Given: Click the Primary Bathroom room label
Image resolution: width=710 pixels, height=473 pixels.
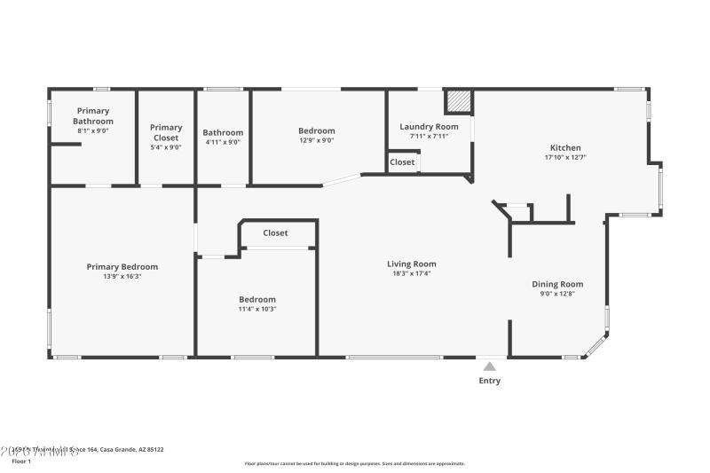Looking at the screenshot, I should [x=93, y=115].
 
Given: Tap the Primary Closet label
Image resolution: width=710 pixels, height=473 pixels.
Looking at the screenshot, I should [x=166, y=132].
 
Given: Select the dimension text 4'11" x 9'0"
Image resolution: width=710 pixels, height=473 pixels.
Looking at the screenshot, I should [x=223, y=142].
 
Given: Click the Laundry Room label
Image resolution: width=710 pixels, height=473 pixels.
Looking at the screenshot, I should [x=429, y=127].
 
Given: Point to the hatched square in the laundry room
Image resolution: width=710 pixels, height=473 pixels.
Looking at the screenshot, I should [x=457, y=101].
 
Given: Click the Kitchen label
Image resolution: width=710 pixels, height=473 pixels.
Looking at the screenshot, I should [x=565, y=147].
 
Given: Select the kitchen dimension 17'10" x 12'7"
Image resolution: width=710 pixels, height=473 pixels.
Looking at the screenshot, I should [x=565, y=158].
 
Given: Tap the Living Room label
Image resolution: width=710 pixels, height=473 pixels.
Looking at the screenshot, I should [x=412, y=264].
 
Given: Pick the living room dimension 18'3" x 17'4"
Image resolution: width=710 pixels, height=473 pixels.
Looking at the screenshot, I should [x=412, y=274].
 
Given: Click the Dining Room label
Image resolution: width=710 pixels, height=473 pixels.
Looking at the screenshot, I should [x=557, y=284].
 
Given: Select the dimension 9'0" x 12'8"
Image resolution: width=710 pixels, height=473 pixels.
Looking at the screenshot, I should [x=557, y=294].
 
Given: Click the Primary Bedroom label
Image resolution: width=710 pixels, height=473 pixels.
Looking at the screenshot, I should [x=122, y=266].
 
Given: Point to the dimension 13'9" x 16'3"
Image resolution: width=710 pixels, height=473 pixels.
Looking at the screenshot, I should [x=122, y=277].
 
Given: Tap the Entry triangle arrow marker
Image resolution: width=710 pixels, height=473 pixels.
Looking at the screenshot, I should [x=489, y=364].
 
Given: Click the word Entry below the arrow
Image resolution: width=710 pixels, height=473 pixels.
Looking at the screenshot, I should [x=489, y=381].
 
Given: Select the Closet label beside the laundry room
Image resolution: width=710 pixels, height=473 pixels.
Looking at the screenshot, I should [x=402, y=162].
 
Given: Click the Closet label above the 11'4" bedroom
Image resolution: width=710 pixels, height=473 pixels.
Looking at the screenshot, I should [x=275, y=233].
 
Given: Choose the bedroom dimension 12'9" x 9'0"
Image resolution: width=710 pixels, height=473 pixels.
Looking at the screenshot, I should [x=316, y=141].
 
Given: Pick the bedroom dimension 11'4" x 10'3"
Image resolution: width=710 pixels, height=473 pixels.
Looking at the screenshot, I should [x=257, y=309].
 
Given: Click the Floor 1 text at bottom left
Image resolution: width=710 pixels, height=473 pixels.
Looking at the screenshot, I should [x=21, y=461].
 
